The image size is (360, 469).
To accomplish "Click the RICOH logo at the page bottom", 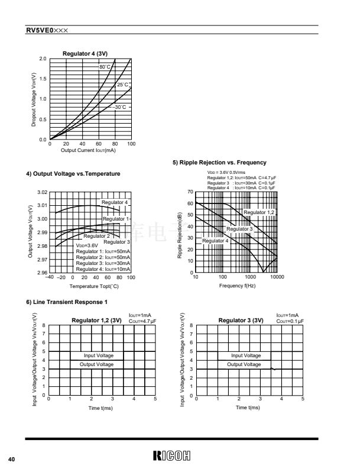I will pyautogui.click(x=175, y=455).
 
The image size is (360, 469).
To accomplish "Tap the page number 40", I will pyautogui.click(x=11, y=458).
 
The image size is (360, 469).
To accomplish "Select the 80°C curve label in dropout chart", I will pyautogui.click(x=105, y=67).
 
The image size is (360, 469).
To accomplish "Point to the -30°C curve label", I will pyautogui.click(x=121, y=107).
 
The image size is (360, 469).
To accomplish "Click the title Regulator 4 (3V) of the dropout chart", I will pyautogui.click(x=85, y=54).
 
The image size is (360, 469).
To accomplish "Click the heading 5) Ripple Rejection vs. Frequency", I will pyautogui.click(x=219, y=163).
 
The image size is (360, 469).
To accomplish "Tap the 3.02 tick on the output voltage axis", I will pyautogui.click(x=43, y=193).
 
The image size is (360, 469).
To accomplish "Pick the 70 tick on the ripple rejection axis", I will pyautogui.click(x=190, y=192).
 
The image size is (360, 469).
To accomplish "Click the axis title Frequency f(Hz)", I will pyautogui.click(x=237, y=286).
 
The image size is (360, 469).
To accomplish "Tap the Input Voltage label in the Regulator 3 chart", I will pyautogui.click(x=245, y=355).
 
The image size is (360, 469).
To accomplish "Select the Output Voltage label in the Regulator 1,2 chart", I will pyautogui.click(x=97, y=364).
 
